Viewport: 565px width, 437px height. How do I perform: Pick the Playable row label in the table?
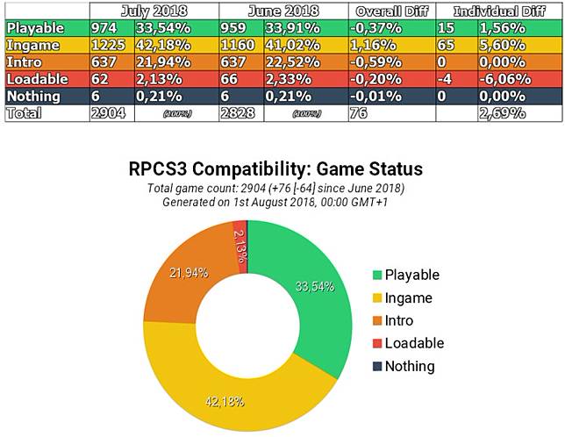(x=35, y=27)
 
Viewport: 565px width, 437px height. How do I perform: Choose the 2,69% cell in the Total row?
(x=502, y=113)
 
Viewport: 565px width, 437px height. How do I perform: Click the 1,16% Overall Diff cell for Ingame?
(x=373, y=45)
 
